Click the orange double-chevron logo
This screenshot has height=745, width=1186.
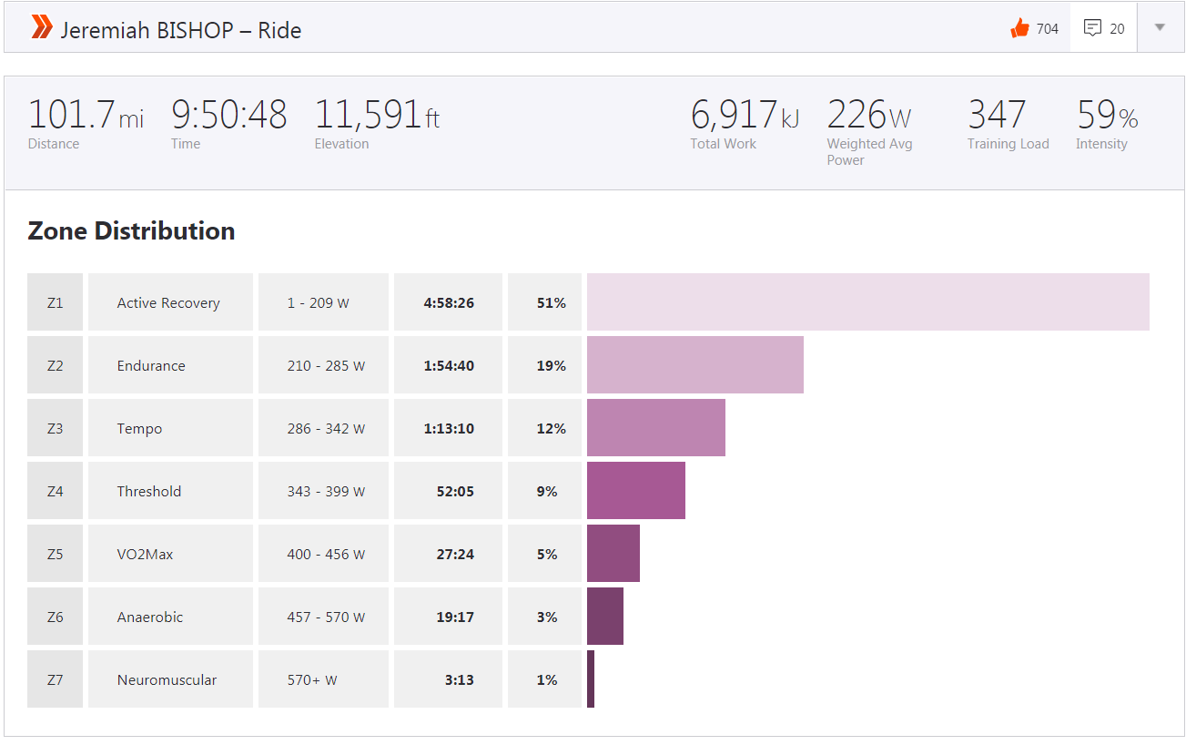(x=42, y=28)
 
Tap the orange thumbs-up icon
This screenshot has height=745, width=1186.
(x=1019, y=28)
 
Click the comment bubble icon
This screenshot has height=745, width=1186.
(x=1092, y=28)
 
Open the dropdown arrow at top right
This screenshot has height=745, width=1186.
(x=1160, y=27)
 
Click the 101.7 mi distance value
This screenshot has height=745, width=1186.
(x=86, y=116)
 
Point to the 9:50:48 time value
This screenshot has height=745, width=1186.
(x=228, y=116)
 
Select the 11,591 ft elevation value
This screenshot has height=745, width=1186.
(x=376, y=116)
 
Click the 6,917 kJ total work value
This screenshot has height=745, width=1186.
(x=744, y=116)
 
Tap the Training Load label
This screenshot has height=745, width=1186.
(x=1008, y=144)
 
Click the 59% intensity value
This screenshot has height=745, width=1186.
(x=1107, y=116)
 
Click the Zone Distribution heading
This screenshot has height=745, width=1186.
(x=131, y=231)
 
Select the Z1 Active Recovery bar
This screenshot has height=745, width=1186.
(x=867, y=301)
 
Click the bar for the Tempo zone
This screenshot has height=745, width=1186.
(x=655, y=427)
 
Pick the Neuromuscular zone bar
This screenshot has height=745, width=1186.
(x=591, y=679)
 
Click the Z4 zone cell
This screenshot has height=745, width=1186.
(x=56, y=491)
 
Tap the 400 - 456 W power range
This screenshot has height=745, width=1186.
(x=326, y=554)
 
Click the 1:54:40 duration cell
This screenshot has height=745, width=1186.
(x=448, y=365)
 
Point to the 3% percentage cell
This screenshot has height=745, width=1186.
(x=546, y=617)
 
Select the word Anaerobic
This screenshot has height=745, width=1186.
(x=150, y=617)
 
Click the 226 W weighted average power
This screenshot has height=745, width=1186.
(x=868, y=116)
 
